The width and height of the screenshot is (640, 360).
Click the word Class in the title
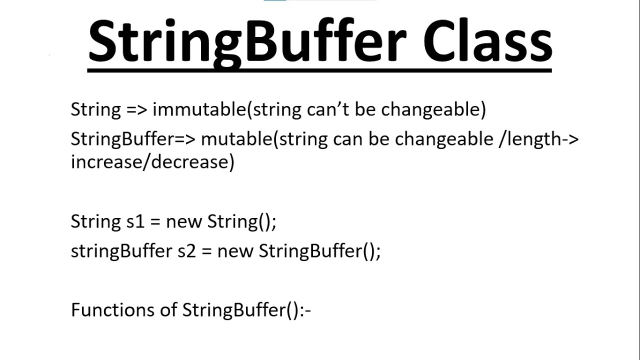pos(487,42)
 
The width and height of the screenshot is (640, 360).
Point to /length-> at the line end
pos(539,139)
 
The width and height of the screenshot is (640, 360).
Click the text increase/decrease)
pos(152,162)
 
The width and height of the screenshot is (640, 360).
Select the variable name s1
pos(135,221)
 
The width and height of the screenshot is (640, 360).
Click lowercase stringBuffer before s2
pos(121,251)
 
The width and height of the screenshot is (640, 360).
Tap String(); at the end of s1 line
pos(241,221)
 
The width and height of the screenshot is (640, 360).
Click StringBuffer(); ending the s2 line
pos(319,251)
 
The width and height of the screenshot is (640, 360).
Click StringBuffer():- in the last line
pos(246,310)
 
